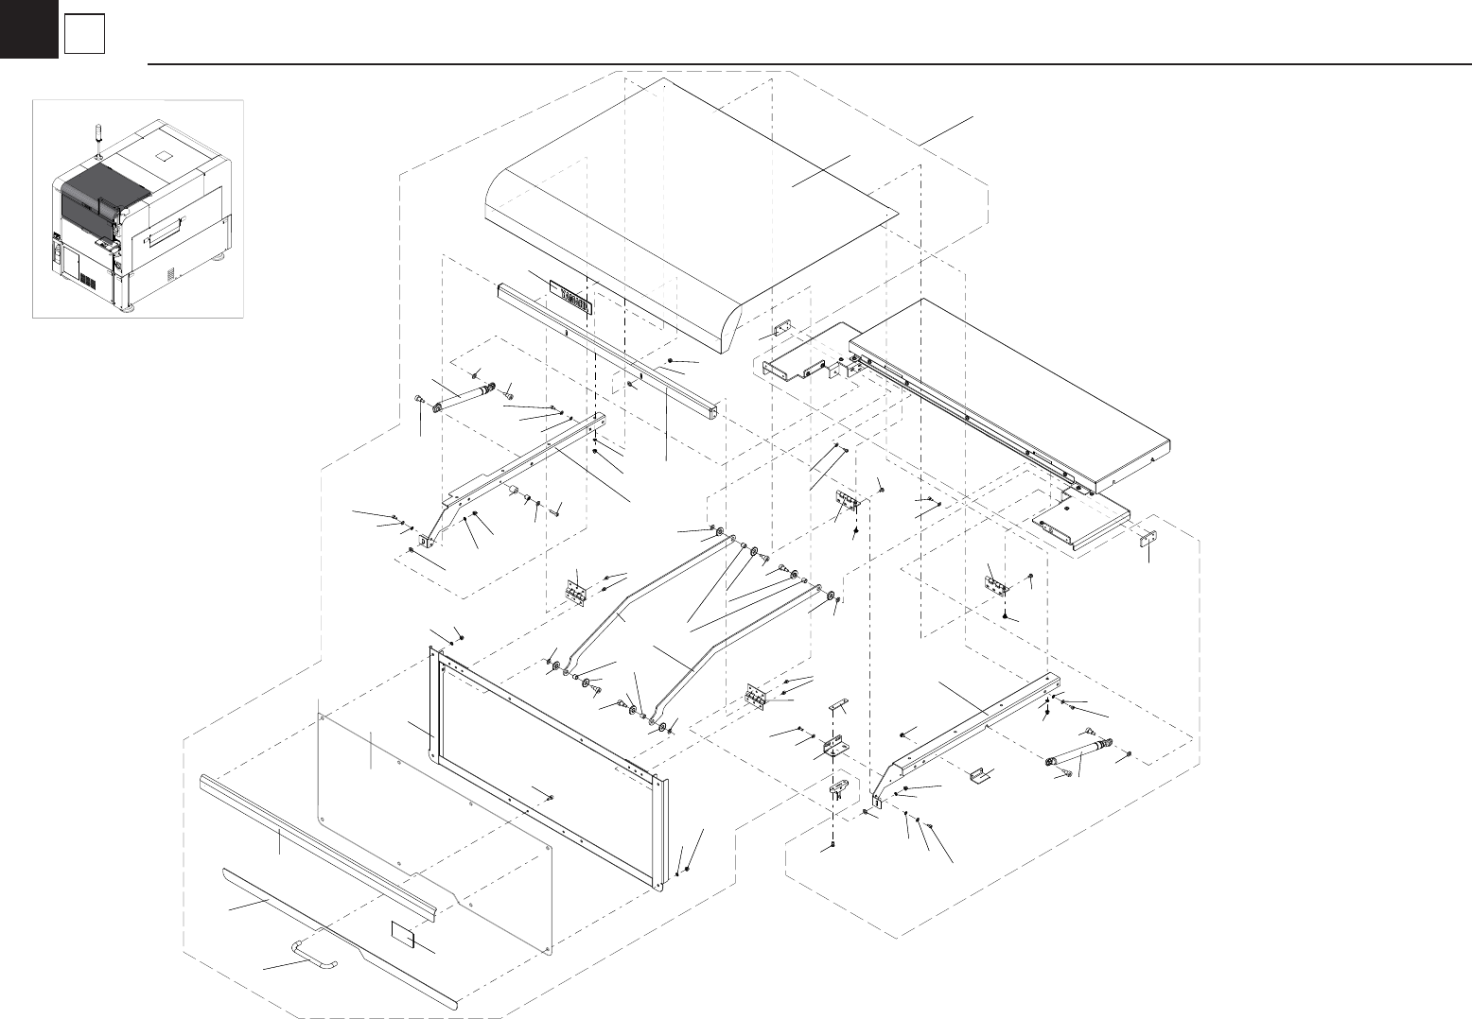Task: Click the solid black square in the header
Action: tap(28, 28)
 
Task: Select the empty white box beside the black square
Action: tap(84, 36)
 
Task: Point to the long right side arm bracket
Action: tap(974, 728)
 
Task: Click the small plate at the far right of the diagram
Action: tap(1148, 540)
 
